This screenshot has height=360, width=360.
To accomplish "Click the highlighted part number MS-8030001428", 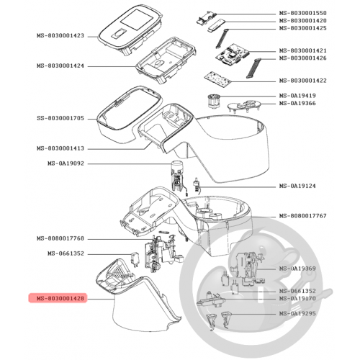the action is pos(60,298).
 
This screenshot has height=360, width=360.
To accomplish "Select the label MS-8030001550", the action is pos(302,13).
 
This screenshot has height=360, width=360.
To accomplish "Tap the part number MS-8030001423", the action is pos(60,35).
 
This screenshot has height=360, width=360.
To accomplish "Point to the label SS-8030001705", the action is pos(60,118).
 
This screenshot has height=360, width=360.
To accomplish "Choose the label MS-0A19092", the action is pos(66,163).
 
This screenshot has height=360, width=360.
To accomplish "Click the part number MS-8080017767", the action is pos(302,216).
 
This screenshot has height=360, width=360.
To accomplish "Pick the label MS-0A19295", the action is pos(297,313).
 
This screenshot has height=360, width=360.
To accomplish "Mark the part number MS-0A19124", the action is pos(297,186).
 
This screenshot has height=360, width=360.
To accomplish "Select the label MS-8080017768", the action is pos(60,238).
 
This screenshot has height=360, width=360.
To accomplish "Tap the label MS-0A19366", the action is pos(297,103).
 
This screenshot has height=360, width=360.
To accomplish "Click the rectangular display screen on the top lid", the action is pos(137,21).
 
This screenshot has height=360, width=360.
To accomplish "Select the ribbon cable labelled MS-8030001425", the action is pos(222,38).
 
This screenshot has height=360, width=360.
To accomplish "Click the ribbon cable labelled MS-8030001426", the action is pos(253,68).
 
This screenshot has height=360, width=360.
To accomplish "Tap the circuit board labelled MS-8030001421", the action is pos(232,55).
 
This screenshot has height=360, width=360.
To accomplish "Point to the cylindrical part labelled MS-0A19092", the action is pos(178,176).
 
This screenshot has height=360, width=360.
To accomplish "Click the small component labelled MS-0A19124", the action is pos(197,185).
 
